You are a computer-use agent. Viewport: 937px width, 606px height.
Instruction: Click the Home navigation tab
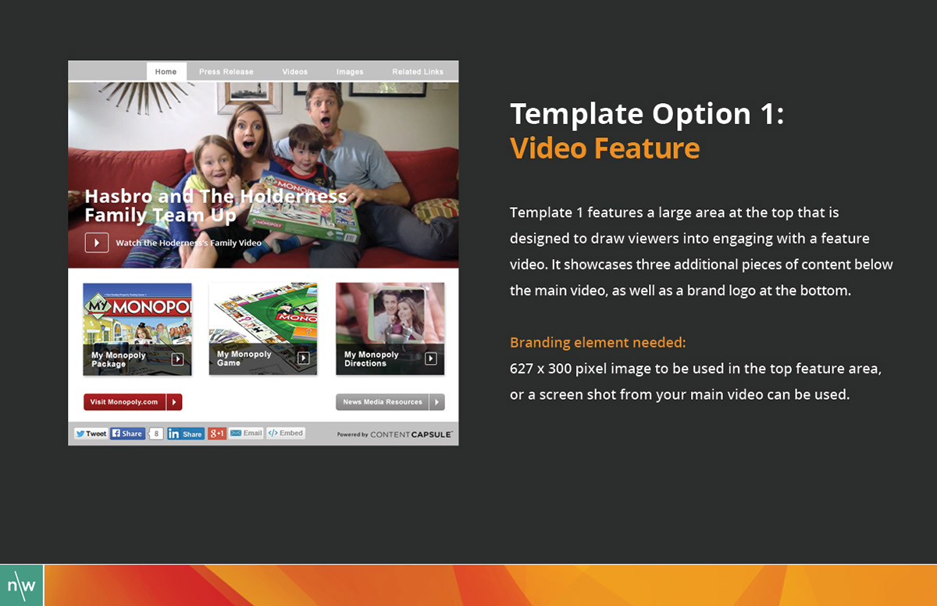point(166,72)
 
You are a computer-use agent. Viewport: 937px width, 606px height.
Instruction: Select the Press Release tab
point(226,72)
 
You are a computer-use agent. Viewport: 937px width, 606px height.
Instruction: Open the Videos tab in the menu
point(295,72)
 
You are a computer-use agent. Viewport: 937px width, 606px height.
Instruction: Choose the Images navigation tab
point(350,72)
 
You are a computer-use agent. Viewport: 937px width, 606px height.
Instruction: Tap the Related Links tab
point(418,72)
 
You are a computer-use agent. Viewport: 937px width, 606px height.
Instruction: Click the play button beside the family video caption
point(97,243)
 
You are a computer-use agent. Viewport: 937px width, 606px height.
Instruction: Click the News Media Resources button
point(390,402)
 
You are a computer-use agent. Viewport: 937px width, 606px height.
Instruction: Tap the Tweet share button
point(91,433)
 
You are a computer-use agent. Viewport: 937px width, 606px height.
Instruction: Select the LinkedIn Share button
point(186,433)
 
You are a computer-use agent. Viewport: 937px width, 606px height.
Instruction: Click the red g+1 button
point(217,433)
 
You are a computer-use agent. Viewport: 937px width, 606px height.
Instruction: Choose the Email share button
point(246,433)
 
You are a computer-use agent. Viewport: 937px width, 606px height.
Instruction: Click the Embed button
point(286,433)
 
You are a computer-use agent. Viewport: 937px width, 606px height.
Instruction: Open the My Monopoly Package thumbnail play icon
point(177,358)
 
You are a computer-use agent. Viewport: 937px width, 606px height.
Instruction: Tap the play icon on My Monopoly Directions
point(430,358)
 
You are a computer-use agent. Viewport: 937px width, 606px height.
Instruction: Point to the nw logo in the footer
point(21,585)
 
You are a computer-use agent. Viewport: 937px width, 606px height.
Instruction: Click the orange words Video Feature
point(605,148)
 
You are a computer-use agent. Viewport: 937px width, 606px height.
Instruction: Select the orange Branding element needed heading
point(598,343)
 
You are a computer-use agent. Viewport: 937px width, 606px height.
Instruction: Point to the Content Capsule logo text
point(411,434)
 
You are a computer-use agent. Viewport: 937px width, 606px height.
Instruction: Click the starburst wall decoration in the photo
point(144,96)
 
